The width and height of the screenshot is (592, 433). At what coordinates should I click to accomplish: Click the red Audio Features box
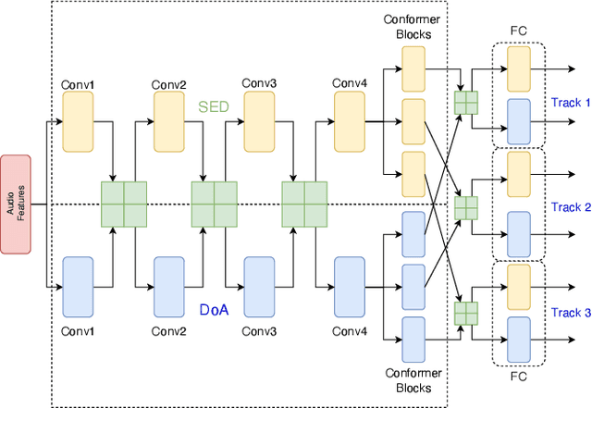(x=16, y=204)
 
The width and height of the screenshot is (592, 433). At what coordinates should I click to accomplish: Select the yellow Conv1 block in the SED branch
(x=78, y=122)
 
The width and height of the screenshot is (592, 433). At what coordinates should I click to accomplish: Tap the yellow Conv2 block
(x=168, y=122)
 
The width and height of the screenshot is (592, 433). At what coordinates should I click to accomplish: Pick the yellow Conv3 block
(x=259, y=122)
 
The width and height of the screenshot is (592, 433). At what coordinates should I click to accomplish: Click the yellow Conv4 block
(x=350, y=122)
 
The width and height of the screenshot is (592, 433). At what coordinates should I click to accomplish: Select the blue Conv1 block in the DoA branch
(x=78, y=287)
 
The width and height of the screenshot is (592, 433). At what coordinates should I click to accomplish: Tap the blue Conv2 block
(x=168, y=287)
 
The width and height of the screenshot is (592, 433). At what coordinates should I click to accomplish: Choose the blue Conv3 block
(x=259, y=287)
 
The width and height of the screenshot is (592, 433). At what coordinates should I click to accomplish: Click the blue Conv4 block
(x=350, y=287)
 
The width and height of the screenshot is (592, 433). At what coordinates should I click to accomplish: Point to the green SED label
(x=213, y=107)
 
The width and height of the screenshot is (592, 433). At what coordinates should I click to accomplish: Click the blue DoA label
(x=213, y=310)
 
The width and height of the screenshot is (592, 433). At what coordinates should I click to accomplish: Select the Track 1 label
(x=570, y=102)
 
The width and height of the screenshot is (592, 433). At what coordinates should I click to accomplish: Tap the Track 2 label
(x=570, y=207)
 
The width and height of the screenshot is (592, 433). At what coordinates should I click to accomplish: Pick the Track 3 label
(x=570, y=313)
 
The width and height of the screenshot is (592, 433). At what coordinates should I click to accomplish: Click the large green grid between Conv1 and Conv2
(x=124, y=204)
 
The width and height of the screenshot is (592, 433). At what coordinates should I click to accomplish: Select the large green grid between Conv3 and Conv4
(x=305, y=204)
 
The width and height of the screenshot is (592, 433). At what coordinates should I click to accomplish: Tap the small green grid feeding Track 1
(x=466, y=102)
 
